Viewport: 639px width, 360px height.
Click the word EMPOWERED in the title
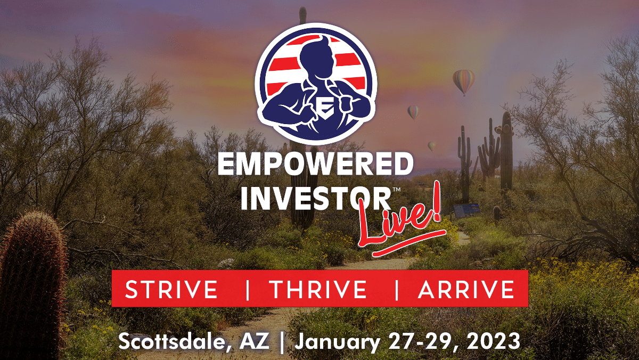click(x=315, y=165)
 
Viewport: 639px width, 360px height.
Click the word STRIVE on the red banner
click(x=171, y=289)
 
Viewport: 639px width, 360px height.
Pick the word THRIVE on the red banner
click(x=319, y=289)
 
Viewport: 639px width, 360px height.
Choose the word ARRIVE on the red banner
click(x=466, y=289)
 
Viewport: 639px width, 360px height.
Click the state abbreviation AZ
click(x=254, y=341)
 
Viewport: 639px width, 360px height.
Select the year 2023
click(x=492, y=341)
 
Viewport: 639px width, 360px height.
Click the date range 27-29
click(x=423, y=341)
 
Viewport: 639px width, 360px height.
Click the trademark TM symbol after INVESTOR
click(x=397, y=189)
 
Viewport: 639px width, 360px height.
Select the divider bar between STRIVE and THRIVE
click(x=247, y=289)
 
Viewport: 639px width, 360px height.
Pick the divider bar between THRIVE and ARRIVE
click(x=397, y=289)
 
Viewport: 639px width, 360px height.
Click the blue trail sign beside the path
click(x=466, y=210)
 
